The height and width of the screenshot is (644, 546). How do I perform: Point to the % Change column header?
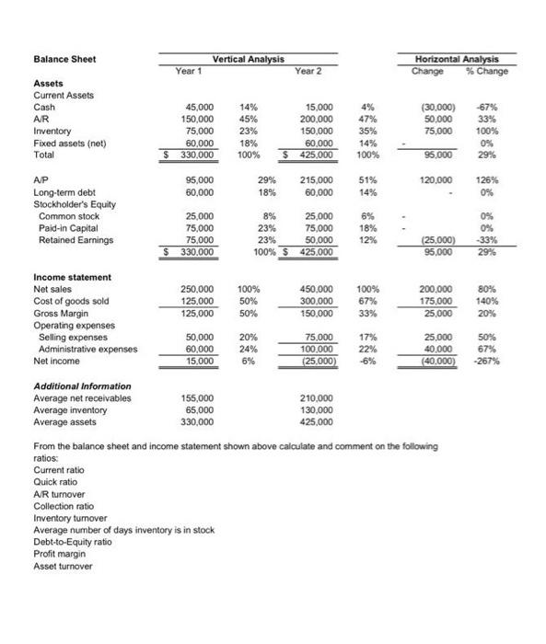pos(489,71)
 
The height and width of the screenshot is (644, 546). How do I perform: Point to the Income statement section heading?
pos(72,277)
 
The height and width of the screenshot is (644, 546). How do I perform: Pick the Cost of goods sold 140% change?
pos(496,301)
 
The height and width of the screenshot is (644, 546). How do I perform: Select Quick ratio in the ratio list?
pos(56,494)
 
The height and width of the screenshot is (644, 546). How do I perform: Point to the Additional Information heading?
pos(82,386)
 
